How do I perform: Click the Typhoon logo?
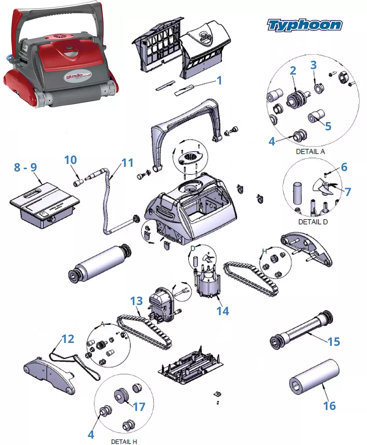304,25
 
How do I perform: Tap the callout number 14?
223,311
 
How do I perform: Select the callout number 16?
329,406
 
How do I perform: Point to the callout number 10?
70,160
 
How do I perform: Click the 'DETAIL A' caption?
310,151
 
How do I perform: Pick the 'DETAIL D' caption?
313,222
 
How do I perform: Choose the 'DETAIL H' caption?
124,441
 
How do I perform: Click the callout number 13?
136,301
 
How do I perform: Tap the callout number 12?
68,339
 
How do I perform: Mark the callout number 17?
139,407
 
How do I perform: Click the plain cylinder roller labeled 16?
314,376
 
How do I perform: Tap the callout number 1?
219,80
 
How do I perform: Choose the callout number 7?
348,192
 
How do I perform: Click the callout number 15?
334,342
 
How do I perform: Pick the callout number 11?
127,163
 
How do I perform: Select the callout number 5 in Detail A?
328,126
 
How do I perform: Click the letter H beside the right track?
264,251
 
